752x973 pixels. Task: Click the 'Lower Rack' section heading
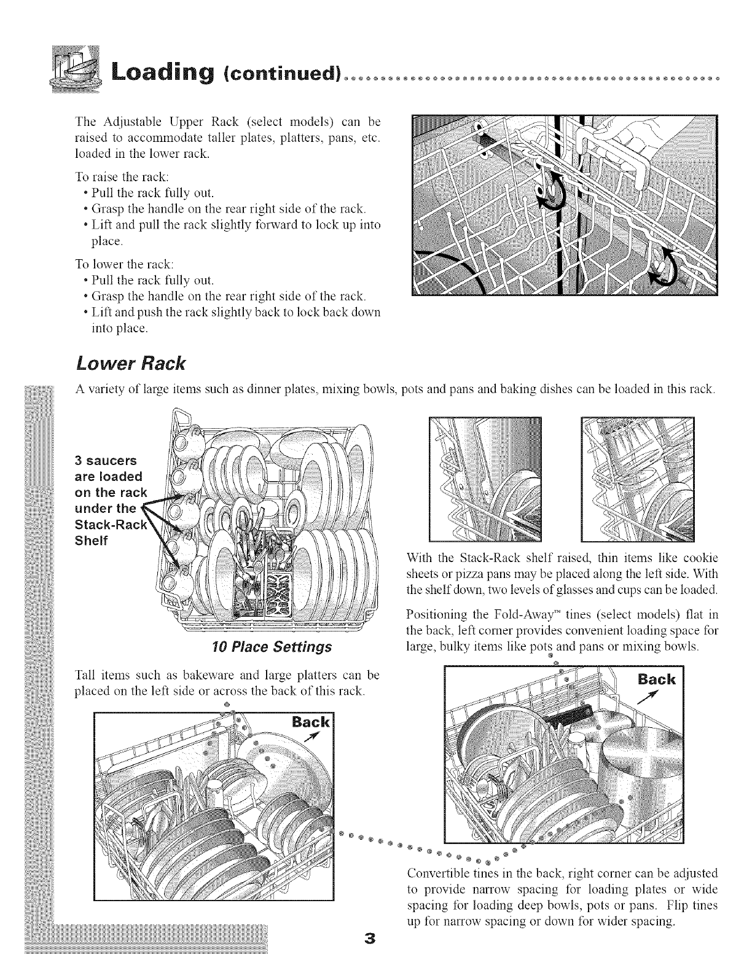pos(130,363)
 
